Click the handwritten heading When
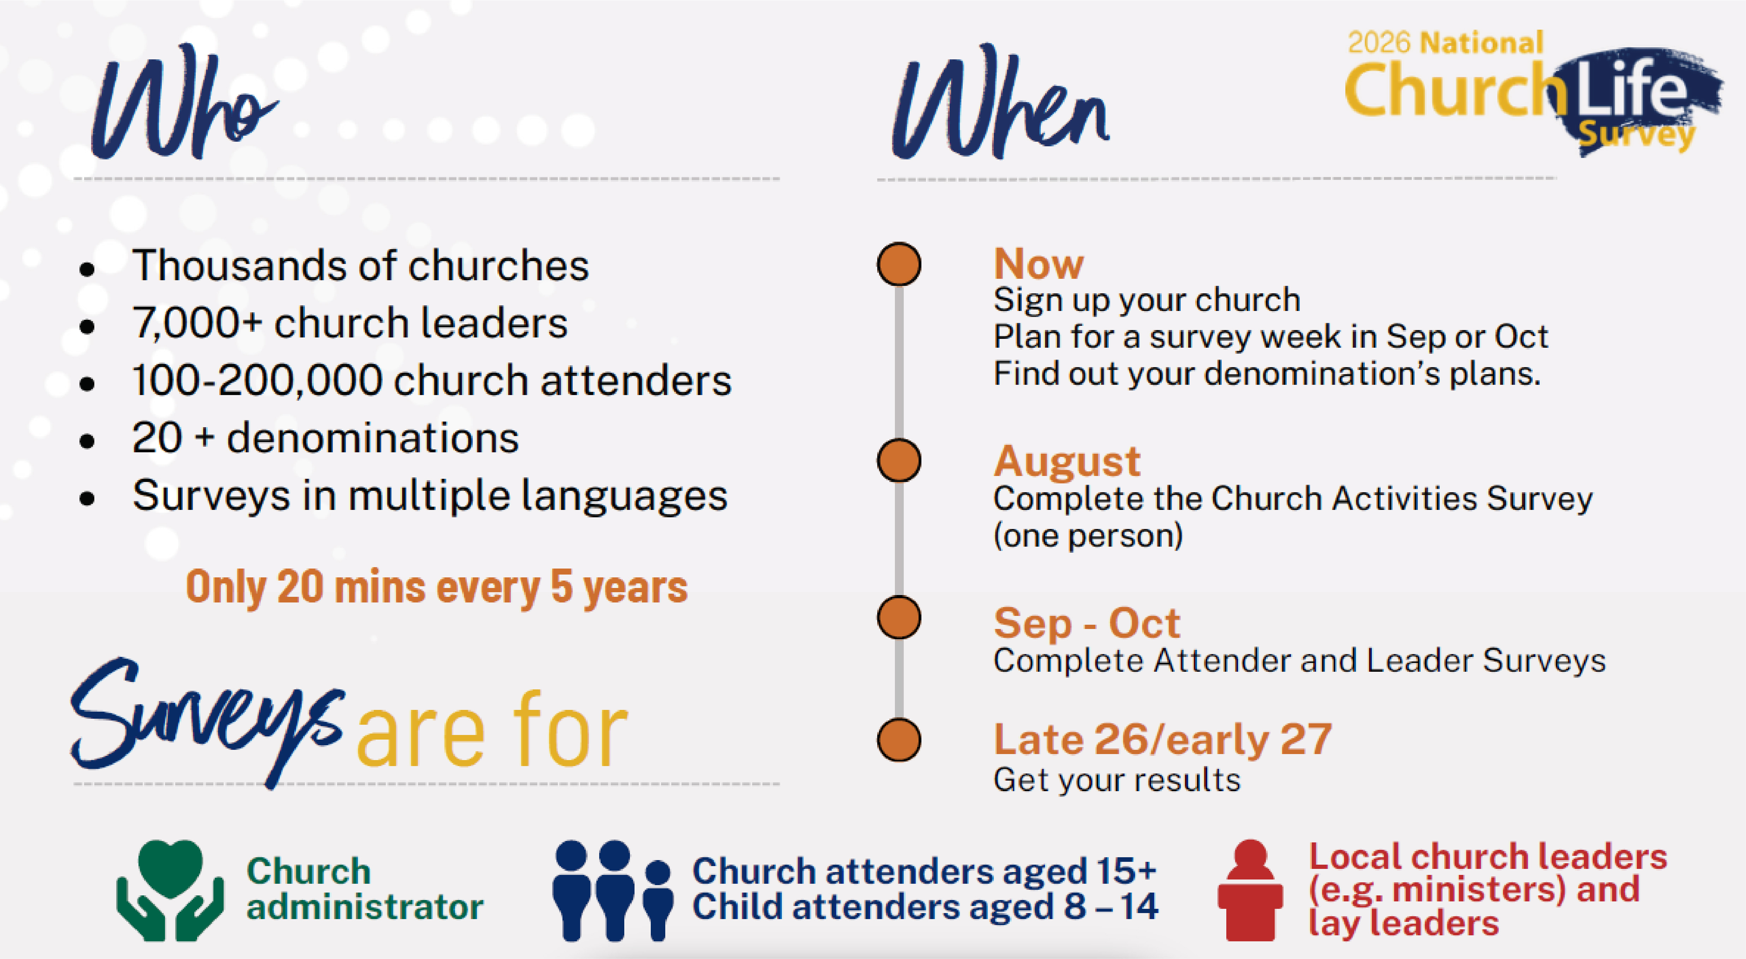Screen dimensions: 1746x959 pos(1001,102)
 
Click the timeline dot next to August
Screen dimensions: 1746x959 pos(899,460)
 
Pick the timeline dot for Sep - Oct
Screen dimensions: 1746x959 pos(899,617)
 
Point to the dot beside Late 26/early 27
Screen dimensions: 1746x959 pos(899,740)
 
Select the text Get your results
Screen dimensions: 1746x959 pos(1116,780)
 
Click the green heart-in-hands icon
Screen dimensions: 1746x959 pos(170,890)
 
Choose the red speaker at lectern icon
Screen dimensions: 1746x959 pos(1250,890)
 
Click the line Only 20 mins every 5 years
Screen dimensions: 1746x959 pos(437,587)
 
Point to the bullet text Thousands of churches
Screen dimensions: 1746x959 pos(361,265)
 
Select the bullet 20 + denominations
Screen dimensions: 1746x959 pos(325,438)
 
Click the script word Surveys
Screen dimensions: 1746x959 pos(207,720)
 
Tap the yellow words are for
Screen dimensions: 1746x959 pos(492,731)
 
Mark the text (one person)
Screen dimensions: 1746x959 pos(1088,536)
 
